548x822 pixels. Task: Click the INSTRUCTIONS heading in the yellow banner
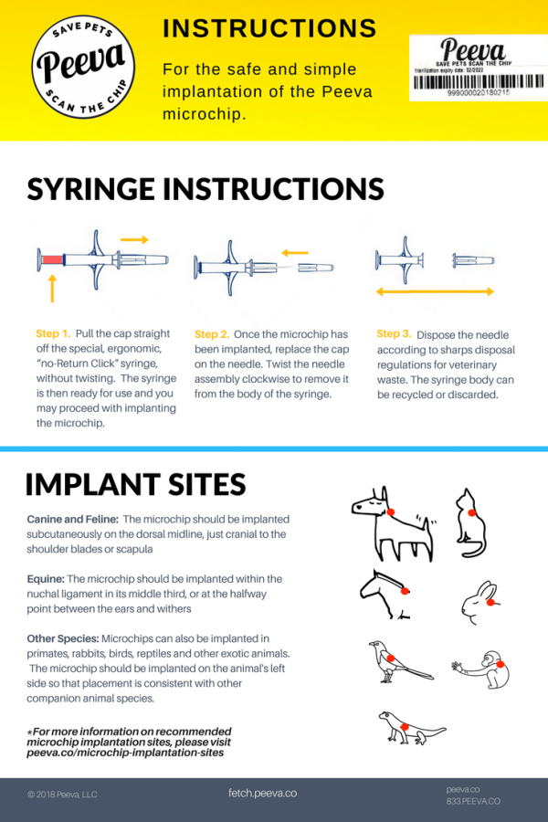point(269,28)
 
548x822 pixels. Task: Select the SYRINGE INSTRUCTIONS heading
point(205,189)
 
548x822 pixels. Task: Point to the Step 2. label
point(212,334)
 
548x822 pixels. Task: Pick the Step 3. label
point(394,333)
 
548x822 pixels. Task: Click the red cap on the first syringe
point(50,260)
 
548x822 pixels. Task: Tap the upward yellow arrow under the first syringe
point(51,290)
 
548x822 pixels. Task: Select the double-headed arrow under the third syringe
point(435,292)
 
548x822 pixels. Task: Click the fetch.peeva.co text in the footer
point(262,793)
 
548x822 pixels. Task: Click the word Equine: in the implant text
point(46,579)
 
